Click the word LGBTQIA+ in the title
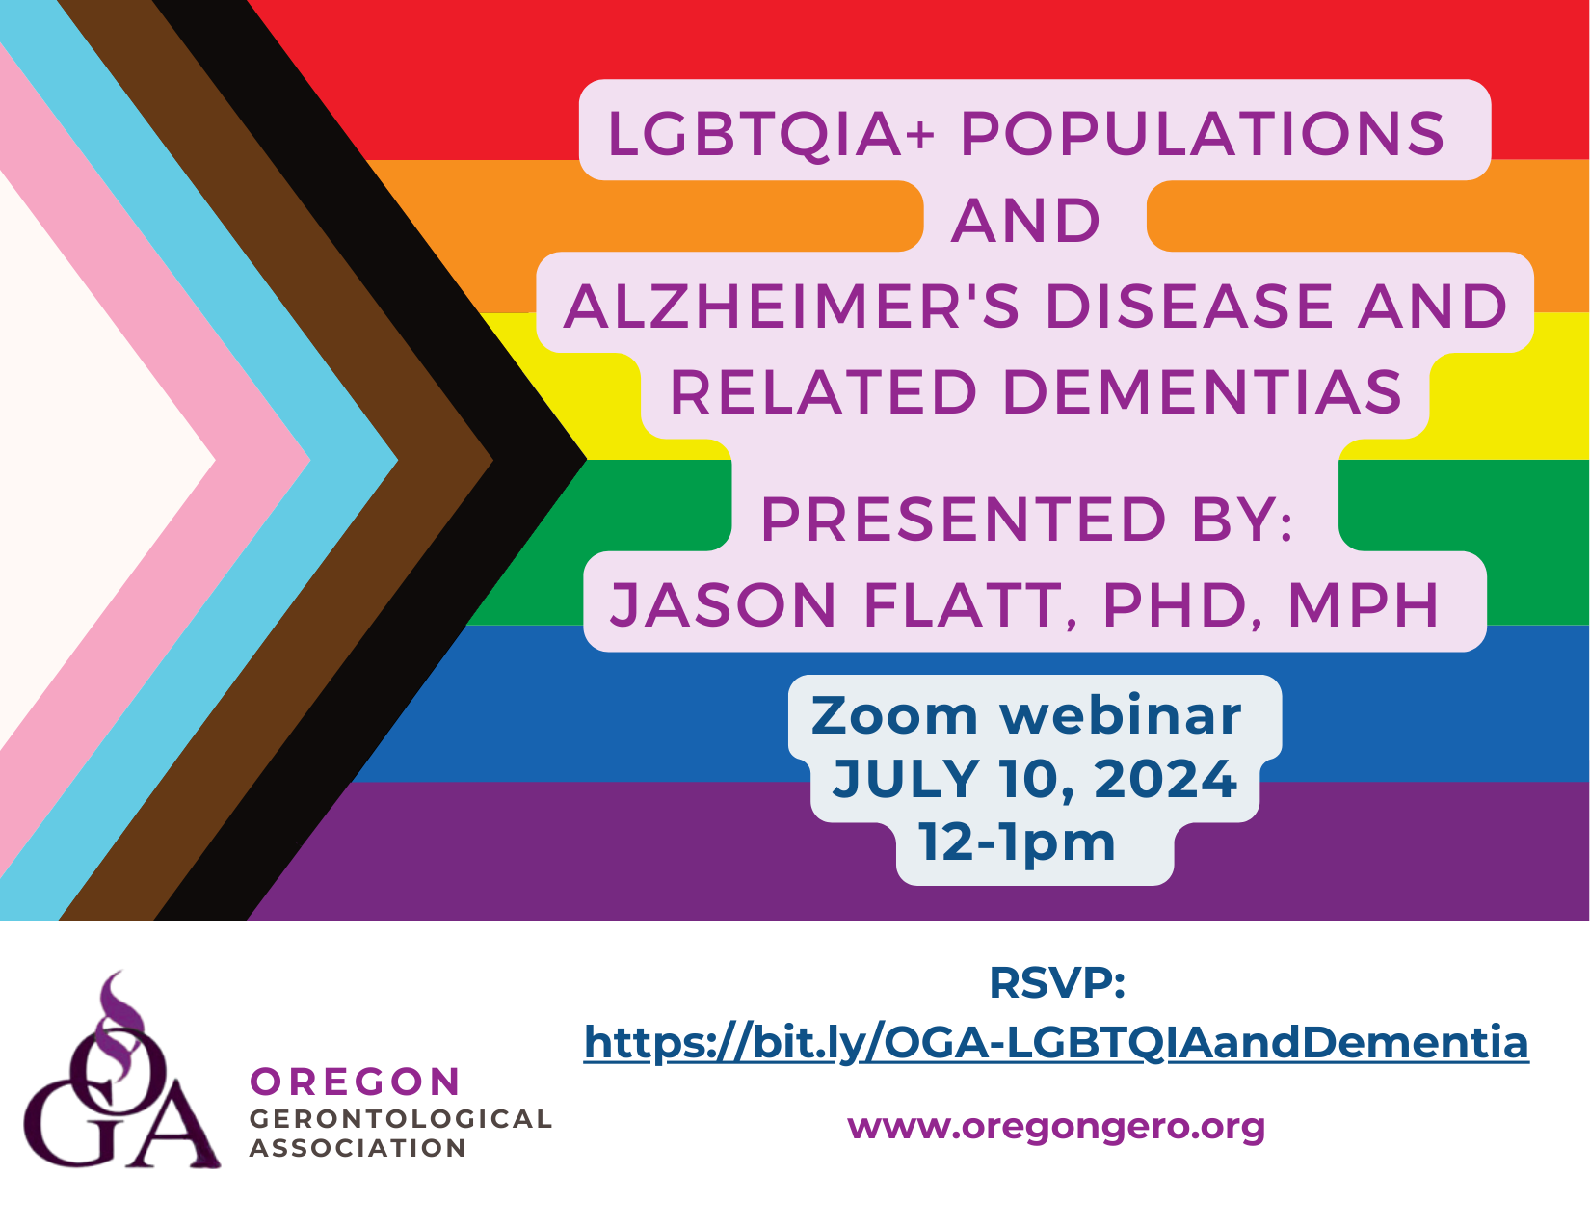[771, 135]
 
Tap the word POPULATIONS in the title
[1203, 134]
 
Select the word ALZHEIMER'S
[791, 306]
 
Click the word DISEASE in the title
[1190, 306]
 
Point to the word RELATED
[824, 392]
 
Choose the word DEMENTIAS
[1203, 392]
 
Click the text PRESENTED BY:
[1026, 520]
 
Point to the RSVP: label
[1056, 983]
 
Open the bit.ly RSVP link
[1056, 1043]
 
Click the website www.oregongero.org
[1056, 1126]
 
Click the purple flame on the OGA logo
[120, 1025]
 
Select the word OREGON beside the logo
[356, 1082]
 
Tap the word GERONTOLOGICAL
[401, 1118]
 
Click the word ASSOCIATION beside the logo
[358, 1148]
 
